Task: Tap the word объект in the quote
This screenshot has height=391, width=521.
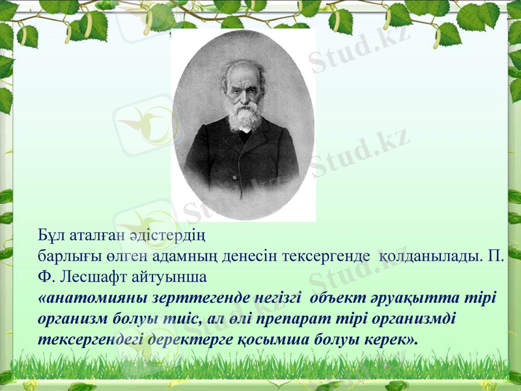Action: (x=337, y=298)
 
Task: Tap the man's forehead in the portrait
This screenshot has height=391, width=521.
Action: (x=242, y=75)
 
